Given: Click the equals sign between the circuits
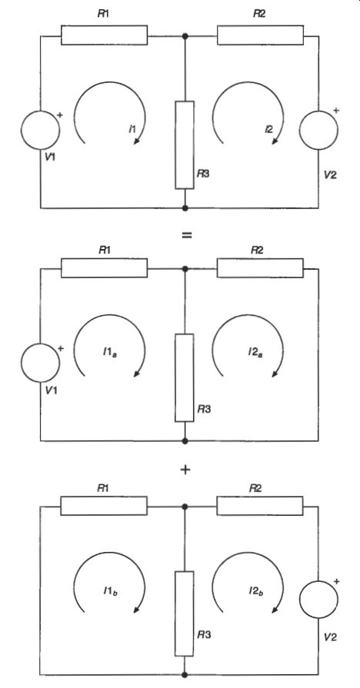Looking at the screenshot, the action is [x=187, y=234].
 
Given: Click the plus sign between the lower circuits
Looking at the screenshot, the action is [x=185, y=470].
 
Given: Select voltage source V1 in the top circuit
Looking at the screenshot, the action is [x=40, y=130].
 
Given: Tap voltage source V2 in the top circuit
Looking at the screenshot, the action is [x=318, y=130].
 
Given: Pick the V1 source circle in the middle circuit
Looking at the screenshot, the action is [x=40, y=362].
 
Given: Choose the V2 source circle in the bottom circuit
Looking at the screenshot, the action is [x=318, y=600].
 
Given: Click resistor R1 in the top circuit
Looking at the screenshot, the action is [x=104, y=35].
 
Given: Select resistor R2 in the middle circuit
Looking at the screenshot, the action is [x=260, y=268].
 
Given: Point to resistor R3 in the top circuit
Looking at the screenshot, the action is [x=185, y=145].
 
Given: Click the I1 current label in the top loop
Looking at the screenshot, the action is [x=132, y=129].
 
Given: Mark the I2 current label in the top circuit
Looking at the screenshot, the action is [x=268, y=129].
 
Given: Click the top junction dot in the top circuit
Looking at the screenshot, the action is [x=185, y=36].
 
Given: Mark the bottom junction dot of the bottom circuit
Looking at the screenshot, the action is [x=185, y=675].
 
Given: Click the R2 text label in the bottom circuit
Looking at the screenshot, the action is [x=256, y=488].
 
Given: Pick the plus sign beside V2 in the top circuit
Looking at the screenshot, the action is [x=336, y=111].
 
